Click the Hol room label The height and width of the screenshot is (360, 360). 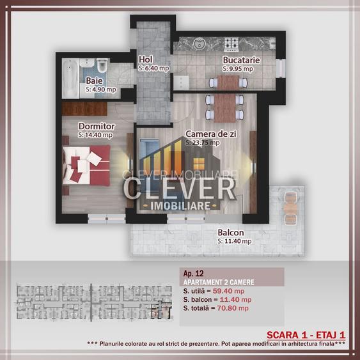click(x=145, y=60)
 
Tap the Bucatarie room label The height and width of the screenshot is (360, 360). click(x=240, y=59)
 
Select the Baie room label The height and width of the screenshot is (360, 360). click(x=93, y=81)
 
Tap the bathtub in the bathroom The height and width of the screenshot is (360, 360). click(x=76, y=68)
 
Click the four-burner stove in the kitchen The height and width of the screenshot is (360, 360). click(x=231, y=45)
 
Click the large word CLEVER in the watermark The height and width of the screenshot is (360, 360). click(x=180, y=189)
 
